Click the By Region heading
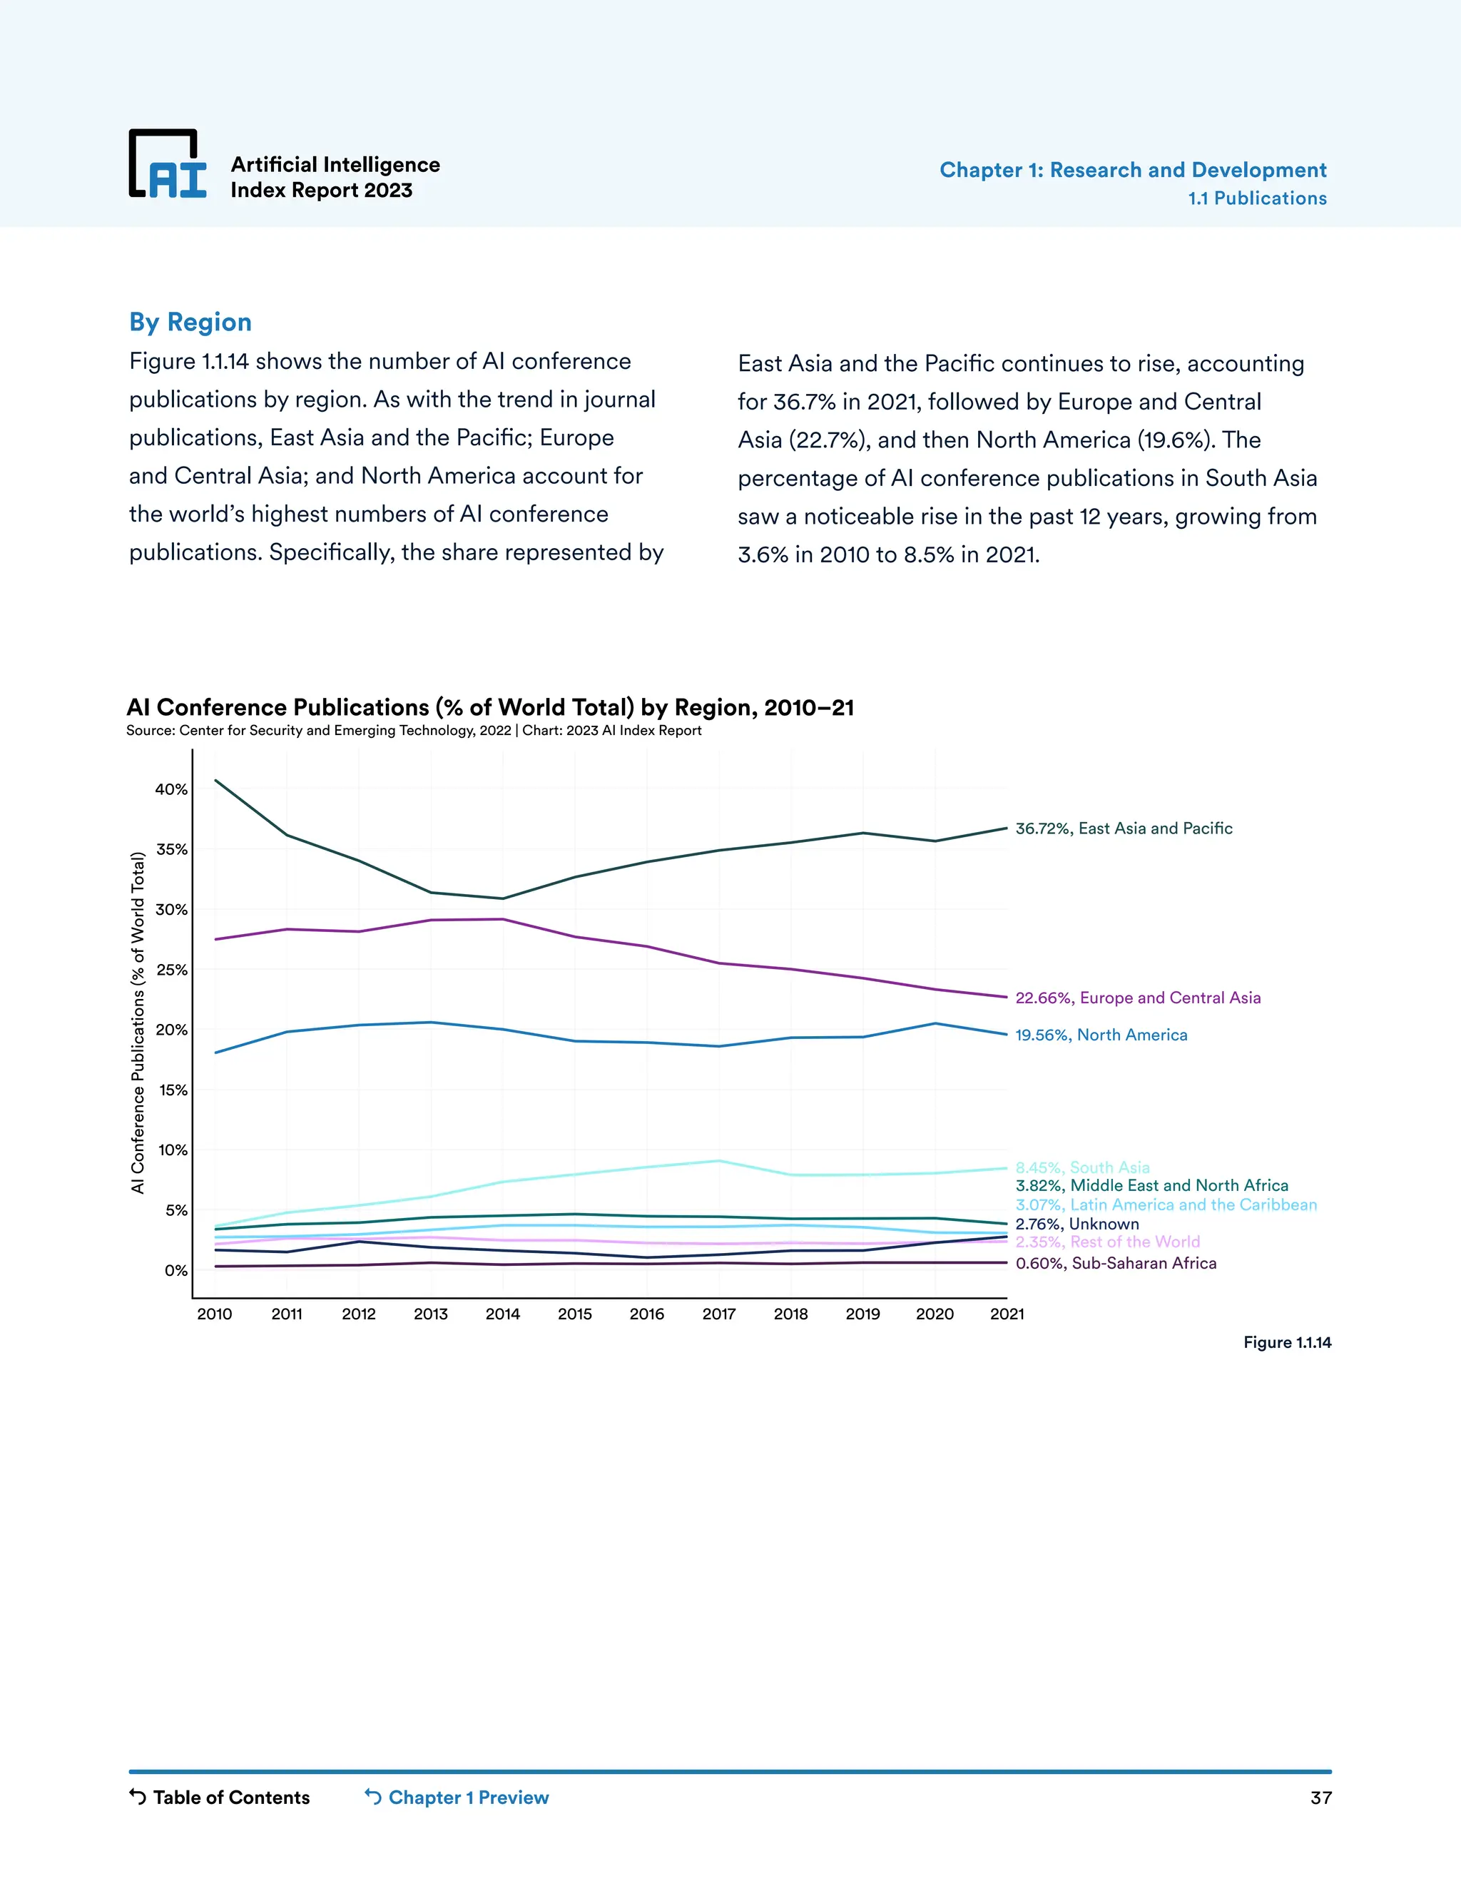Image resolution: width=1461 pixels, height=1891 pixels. (190, 322)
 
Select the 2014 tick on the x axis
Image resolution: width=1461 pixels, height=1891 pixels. (503, 1314)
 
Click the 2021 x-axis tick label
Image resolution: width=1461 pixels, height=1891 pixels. (1007, 1314)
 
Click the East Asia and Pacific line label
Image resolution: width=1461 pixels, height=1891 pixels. (1124, 828)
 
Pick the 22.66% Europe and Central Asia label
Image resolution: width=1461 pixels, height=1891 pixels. (1137, 998)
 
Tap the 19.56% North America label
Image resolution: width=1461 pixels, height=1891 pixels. (1101, 1035)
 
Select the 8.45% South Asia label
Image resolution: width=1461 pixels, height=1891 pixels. (1082, 1167)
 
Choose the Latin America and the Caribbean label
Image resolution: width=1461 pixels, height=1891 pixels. (1166, 1205)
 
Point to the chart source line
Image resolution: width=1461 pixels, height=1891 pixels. (414, 731)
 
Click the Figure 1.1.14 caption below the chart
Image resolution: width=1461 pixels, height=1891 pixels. (1287, 1342)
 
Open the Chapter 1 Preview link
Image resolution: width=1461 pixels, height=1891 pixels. (457, 1798)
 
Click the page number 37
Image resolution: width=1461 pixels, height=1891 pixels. (1320, 1798)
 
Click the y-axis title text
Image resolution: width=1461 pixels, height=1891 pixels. (138, 1023)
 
